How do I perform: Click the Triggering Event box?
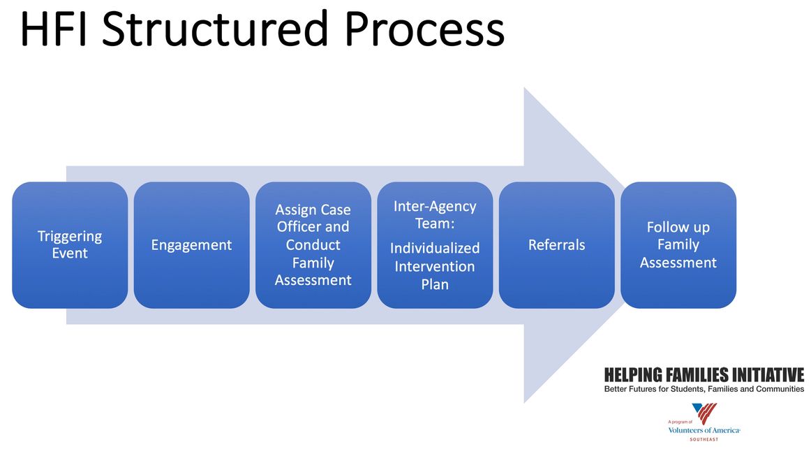70,245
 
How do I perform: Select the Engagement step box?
191,245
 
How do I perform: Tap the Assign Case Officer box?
313,245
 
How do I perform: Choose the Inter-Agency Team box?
435,245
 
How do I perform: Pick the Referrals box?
556,245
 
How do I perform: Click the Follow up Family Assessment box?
678,245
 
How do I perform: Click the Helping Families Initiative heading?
704,375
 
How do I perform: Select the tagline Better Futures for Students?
704,389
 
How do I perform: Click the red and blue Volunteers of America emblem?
704,414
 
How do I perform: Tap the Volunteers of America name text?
704,430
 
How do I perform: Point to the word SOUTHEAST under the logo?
704,439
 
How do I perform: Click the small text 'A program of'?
679,422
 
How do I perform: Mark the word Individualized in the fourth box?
435,248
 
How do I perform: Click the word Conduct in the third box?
313,245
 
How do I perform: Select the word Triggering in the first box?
70,236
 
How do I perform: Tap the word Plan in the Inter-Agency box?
435,284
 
